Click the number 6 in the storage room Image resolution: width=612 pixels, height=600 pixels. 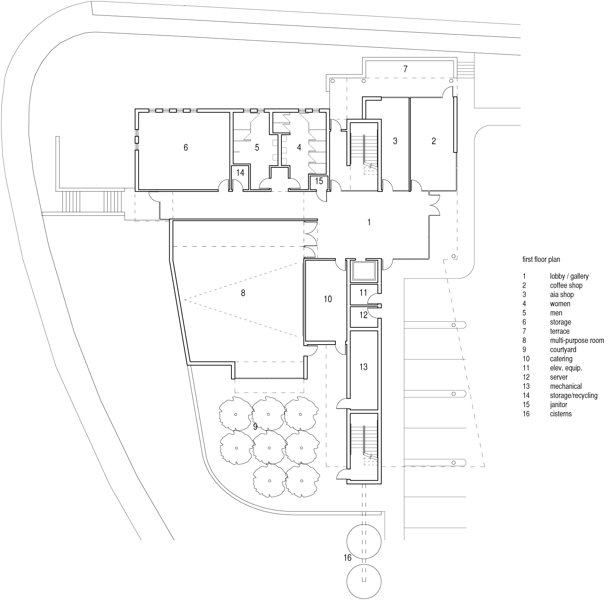[x=186, y=148]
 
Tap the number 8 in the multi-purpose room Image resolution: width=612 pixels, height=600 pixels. [x=243, y=293]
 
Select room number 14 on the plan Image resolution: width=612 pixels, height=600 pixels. [x=240, y=172]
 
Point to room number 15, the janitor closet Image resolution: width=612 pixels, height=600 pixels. [x=319, y=181]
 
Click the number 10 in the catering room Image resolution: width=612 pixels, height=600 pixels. [x=328, y=299]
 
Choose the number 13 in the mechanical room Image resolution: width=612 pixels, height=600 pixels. [x=363, y=367]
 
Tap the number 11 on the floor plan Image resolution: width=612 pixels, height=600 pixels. [x=363, y=293]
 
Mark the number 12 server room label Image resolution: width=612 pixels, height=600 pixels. [x=363, y=315]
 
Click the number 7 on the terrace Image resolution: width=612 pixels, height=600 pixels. [x=405, y=69]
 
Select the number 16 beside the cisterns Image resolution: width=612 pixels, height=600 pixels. [x=348, y=558]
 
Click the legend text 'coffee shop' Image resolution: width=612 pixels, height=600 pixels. [x=566, y=286]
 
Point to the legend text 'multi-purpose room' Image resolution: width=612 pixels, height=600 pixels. [x=577, y=341]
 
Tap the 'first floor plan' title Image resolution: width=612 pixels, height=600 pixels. [x=541, y=259]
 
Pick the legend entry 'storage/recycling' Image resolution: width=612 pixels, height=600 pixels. [x=573, y=396]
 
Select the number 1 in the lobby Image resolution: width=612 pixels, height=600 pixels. [x=369, y=222]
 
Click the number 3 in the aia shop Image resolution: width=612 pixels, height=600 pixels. [x=395, y=141]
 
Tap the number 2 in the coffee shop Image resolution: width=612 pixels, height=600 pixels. [x=433, y=141]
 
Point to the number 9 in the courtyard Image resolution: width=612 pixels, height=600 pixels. [x=255, y=427]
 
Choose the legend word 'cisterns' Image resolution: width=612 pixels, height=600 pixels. [x=561, y=414]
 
